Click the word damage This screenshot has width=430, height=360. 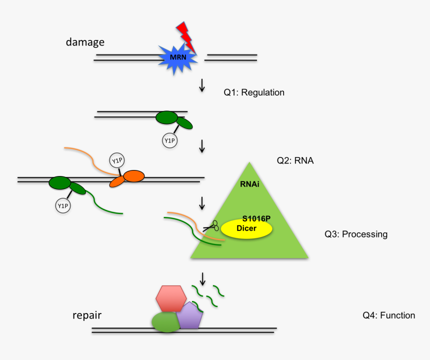coord(85,42)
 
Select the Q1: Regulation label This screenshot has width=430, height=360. coord(254,92)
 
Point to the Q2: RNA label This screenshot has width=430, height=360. coord(295,161)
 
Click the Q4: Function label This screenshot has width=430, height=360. coord(388,315)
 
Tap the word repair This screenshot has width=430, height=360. coord(87,315)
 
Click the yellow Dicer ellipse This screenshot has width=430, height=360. coord(247,228)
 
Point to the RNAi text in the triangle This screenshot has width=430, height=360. coord(249,184)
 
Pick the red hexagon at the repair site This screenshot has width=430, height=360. coord(171,299)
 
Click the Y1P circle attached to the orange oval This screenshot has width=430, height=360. coord(116,161)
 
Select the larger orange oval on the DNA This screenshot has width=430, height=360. coord(133,176)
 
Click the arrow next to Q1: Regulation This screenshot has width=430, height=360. coord(202,85)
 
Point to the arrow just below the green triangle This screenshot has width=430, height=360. coord(202,278)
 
